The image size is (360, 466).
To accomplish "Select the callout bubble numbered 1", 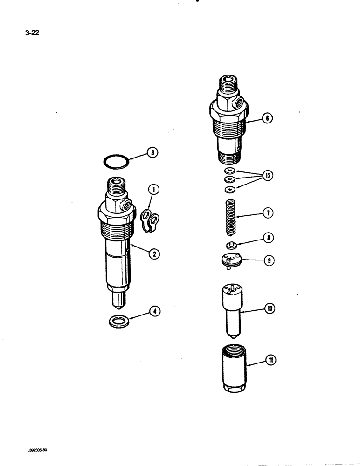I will click(153, 189).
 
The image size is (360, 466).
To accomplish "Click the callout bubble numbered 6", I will click(267, 118).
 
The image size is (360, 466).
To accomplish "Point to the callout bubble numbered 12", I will click(267, 176).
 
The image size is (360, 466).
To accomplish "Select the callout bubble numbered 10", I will click(269, 308).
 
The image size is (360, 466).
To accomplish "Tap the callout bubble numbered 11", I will click(269, 359).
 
